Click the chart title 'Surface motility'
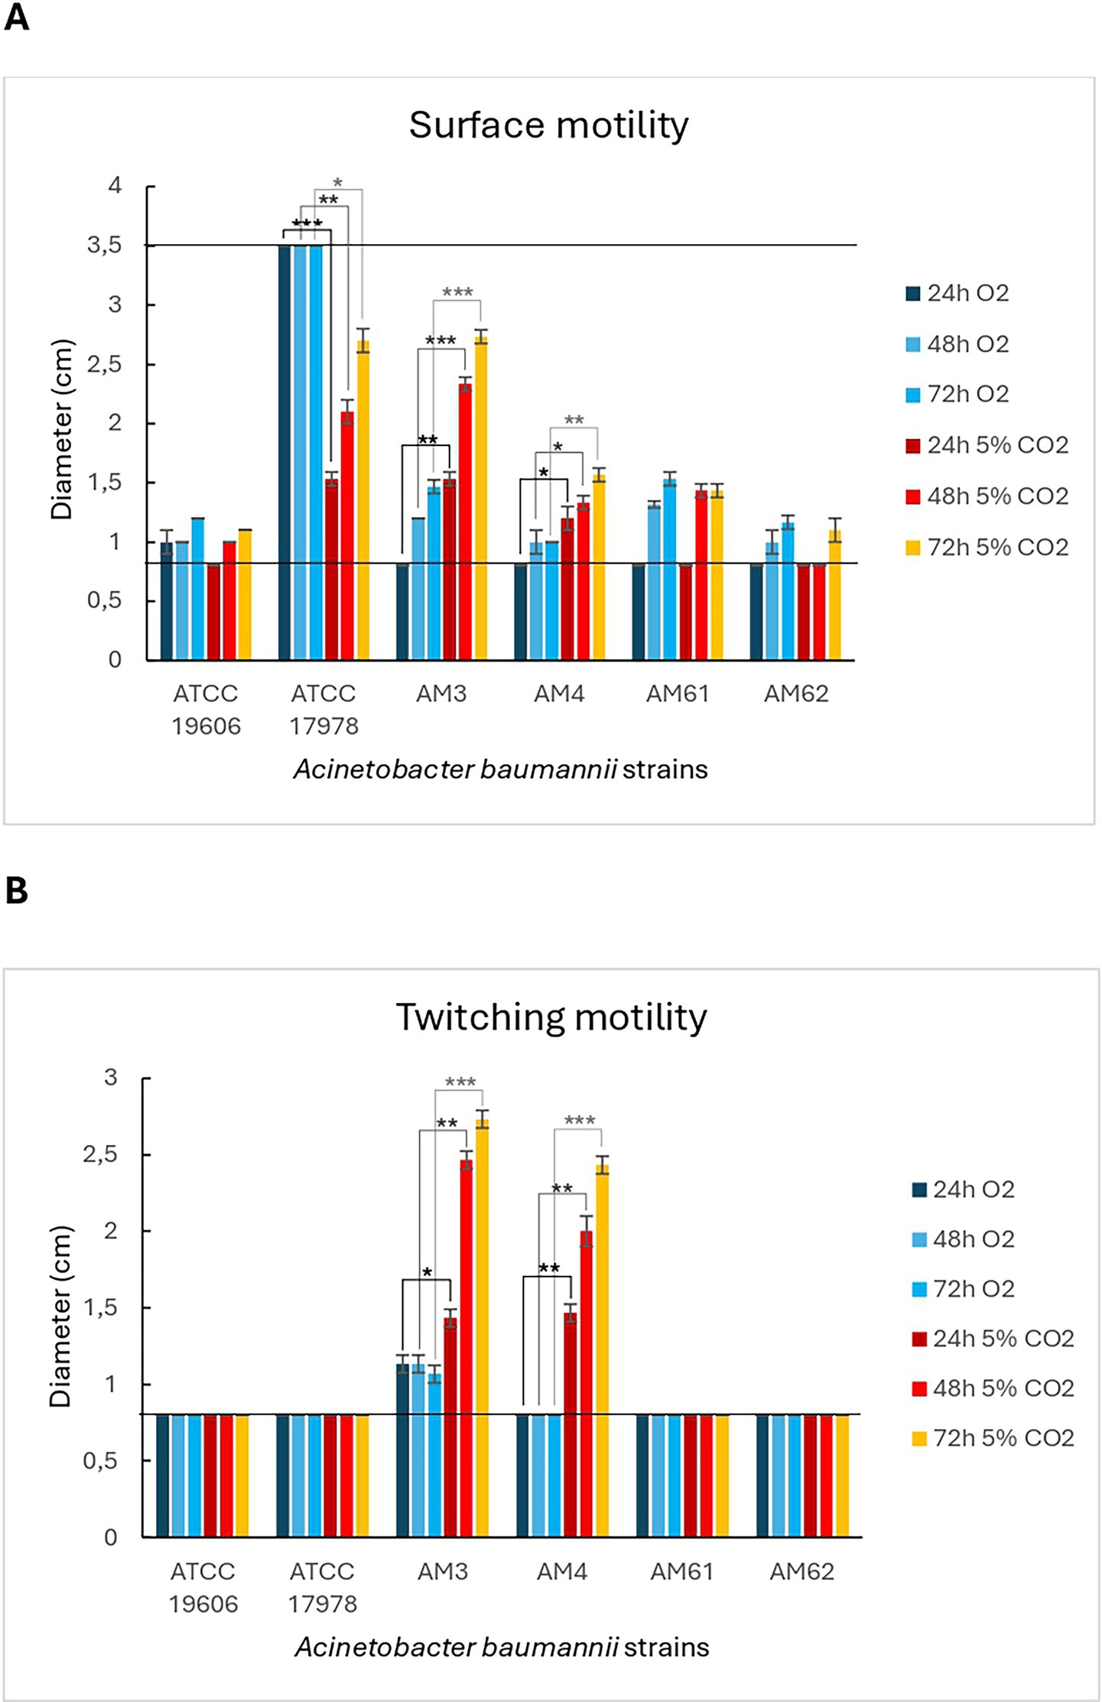tap(548, 125)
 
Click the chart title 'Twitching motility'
tap(551, 1017)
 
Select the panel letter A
tap(16, 17)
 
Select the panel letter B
tap(16, 890)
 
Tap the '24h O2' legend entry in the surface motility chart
tap(957, 293)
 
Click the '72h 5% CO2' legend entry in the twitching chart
tap(993, 1437)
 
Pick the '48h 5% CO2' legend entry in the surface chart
tap(987, 496)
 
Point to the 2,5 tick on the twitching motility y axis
tap(100, 1154)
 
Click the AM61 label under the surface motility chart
tap(678, 694)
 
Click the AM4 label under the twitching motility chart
tap(561, 1571)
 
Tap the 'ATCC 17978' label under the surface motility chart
tap(323, 709)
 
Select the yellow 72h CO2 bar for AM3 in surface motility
tap(480, 497)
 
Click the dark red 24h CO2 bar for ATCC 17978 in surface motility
tap(331, 570)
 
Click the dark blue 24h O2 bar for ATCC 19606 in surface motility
tap(166, 600)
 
